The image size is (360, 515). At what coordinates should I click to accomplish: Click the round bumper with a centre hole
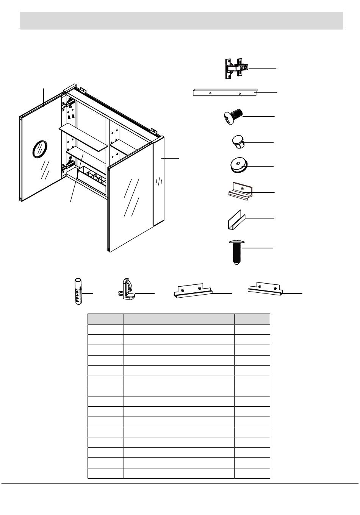[238, 165]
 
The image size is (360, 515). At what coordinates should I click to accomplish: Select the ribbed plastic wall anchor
[77, 291]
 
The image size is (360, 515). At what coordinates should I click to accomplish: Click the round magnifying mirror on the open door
[39, 148]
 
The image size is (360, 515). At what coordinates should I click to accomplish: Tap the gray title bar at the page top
[181, 20]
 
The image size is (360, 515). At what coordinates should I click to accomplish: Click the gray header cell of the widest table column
[179, 319]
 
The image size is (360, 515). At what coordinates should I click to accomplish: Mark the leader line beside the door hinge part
[261, 68]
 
